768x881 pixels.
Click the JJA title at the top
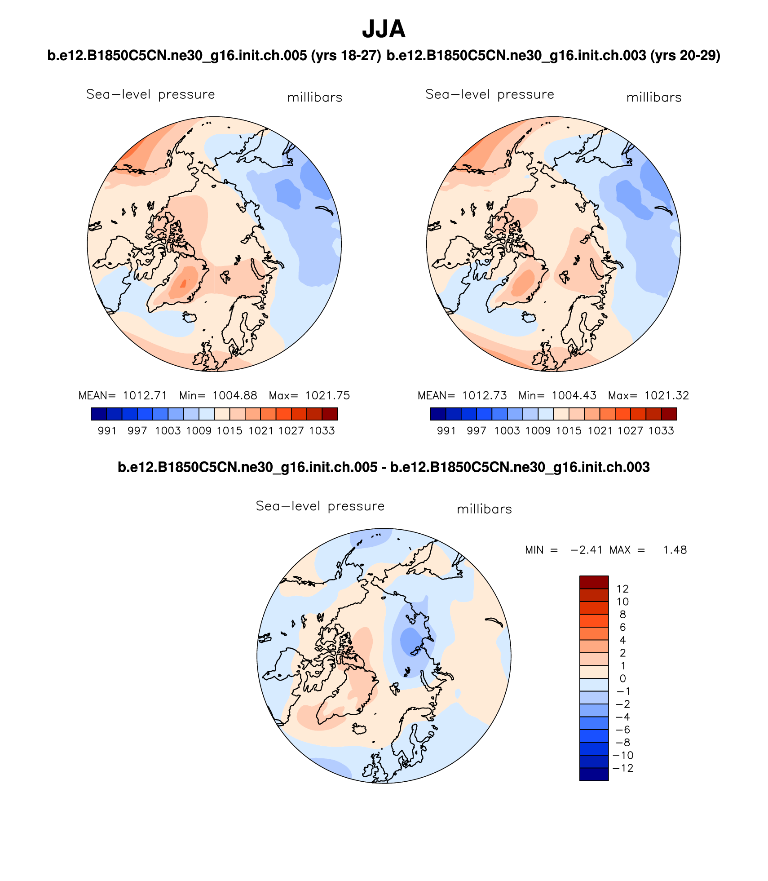coord(384,29)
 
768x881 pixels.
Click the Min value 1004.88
coord(234,396)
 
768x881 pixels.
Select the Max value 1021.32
coord(666,396)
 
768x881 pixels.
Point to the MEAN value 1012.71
coord(145,396)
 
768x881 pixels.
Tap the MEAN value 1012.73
coord(484,396)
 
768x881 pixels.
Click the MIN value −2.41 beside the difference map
coord(586,550)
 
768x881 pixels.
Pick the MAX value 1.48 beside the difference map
coord(675,550)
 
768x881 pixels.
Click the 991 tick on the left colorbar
coord(107,431)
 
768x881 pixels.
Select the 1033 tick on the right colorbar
coord(661,431)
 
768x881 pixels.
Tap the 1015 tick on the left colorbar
coord(230,431)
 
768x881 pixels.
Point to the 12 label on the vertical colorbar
coord(622,589)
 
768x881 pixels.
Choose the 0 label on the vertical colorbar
coord(622,678)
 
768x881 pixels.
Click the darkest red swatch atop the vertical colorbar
coord(594,582)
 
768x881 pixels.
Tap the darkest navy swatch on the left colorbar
coord(99,414)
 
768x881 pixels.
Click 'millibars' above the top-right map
coord(654,97)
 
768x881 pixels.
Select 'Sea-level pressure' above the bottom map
coord(320,506)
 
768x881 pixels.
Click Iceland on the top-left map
coord(190,317)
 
